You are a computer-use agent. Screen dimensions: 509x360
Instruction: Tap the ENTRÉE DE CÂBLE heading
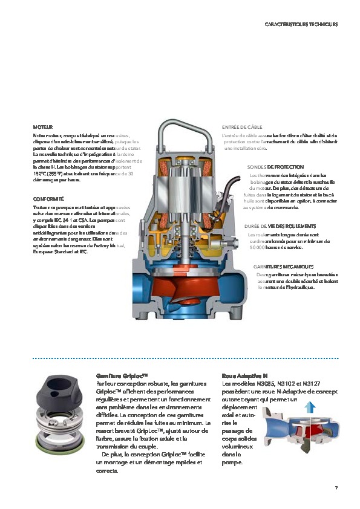tap(241, 128)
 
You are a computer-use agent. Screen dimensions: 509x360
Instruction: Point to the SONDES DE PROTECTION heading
tap(275, 166)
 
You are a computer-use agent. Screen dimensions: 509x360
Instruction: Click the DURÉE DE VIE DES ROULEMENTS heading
tap(280, 225)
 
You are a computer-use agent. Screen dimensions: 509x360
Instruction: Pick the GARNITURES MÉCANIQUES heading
tap(283, 267)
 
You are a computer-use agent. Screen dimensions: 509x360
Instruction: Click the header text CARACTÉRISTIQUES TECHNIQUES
tap(301, 24)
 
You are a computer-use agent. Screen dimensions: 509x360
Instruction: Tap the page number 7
tap(336, 488)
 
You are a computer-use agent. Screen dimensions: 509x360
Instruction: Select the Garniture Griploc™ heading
tap(122, 375)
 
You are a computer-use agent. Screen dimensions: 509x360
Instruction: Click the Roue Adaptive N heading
tap(245, 375)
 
